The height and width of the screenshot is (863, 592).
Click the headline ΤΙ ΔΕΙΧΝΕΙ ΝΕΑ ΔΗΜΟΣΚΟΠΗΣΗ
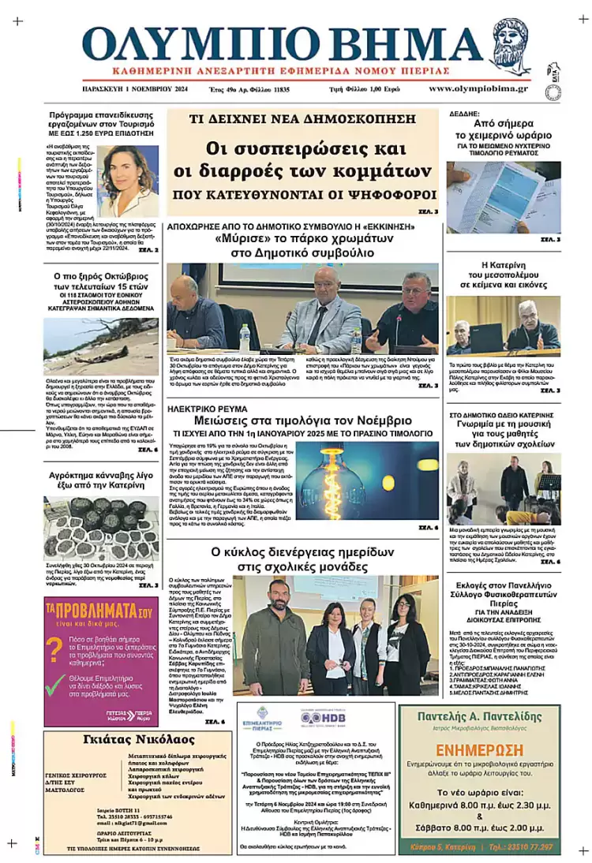pyautogui.click(x=302, y=121)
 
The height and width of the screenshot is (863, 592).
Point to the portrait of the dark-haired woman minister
pyautogui.click(x=129, y=181)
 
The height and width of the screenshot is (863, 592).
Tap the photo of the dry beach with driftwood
pyautogui.click(x=101, y=345)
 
